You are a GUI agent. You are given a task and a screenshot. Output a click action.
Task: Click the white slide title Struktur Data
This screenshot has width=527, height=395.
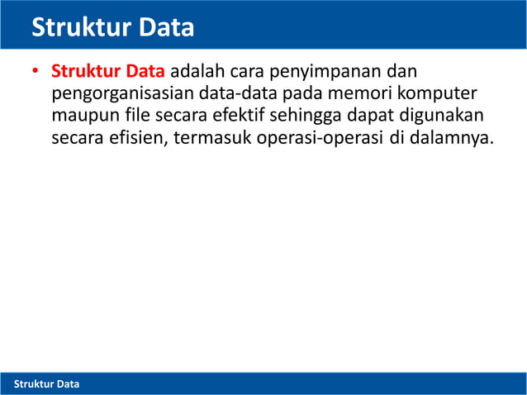point(113,28)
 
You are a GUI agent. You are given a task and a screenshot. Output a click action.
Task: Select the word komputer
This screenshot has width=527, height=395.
point(439,93)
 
